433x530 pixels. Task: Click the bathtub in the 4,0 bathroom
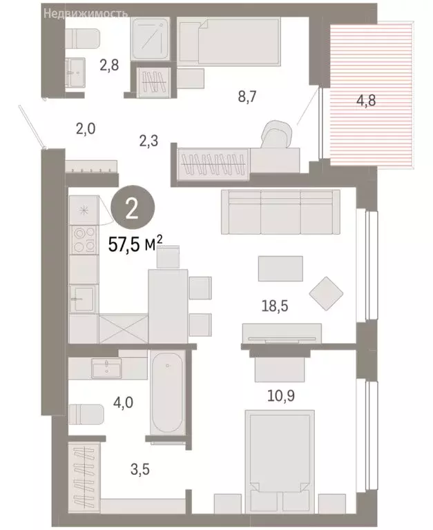(x=166, y=395)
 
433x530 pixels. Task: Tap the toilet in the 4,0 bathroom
(x=86, y=415)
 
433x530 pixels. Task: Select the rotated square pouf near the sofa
(x=326, y=293)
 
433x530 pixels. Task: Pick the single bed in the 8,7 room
(x=229, y=43)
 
